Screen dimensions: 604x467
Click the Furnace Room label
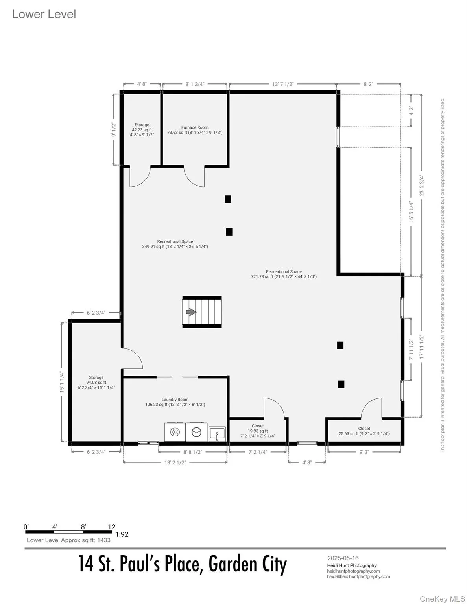(x=195, y=130)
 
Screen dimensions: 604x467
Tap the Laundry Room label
(x=175, y=402)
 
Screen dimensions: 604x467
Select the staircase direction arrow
(x=191, y=312)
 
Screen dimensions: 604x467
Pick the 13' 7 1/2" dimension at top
(x=283, y=84)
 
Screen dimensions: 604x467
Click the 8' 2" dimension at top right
(x=368, y=84)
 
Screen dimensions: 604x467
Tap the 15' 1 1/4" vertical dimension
(x=62, y=381)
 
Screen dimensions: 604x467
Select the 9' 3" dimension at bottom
(x=364, y=452)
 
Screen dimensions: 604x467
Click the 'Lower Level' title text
(x=44, y=14)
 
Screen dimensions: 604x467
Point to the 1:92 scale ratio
(x=122, y=534)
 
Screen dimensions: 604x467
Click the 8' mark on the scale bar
(x=83, y=527)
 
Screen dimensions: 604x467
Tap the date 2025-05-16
(x=343, y=558)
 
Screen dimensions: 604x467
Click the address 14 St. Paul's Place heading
(x=183, y=564)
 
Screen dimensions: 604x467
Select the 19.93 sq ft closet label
(x=258, y=431)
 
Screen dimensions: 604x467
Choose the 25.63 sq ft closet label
(x=364, y=431)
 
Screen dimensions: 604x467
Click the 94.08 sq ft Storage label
(x=96, y=382)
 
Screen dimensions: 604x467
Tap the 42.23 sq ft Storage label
(x=142, y=130)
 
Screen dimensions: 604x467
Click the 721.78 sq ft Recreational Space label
(x=284, y=274)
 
